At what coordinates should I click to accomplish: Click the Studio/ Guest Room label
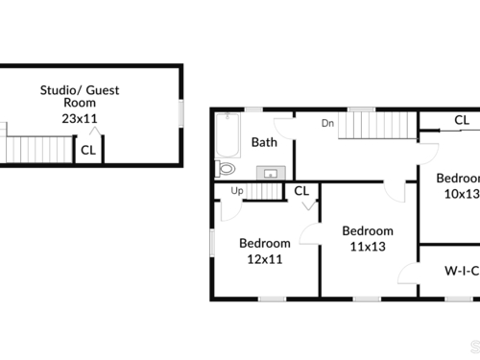[80, 96]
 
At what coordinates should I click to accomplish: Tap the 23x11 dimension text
[80, 119]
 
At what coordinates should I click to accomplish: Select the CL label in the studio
[88, 150]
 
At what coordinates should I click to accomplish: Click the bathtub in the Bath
[228, 135]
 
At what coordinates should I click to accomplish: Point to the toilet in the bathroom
[225, 169]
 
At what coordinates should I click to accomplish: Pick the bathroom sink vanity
[271, 173]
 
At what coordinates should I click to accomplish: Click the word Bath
[264, 142]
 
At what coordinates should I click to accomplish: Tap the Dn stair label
[327, 123]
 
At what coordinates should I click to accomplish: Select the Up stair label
[237, 191]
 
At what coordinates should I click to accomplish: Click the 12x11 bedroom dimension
[265, 259]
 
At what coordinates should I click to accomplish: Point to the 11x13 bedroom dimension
[368, 247]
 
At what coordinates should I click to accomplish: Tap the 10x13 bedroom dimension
[462, 194]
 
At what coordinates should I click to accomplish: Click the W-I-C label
[462, 271]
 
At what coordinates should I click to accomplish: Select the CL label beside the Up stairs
[301, 191]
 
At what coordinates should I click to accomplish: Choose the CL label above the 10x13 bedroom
[462, 120]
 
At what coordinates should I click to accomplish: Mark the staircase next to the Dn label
[377, 125]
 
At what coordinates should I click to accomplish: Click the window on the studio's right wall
[181, 113]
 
